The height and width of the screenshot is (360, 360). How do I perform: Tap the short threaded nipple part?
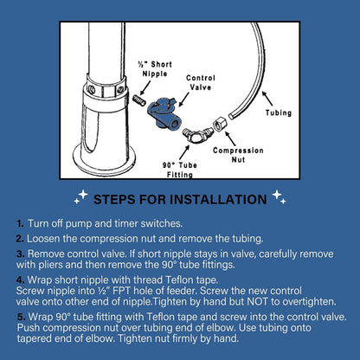139,100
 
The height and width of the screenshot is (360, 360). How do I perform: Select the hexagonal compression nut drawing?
220,124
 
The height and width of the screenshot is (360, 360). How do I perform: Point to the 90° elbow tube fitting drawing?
197,134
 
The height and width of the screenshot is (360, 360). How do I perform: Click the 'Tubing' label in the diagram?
279,112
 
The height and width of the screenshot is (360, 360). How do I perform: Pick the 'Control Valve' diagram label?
201,82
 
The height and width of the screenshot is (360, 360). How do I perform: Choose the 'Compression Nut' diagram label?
238,155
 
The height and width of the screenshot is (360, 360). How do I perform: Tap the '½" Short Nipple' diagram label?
155,69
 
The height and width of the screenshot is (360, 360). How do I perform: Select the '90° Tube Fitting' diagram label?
180,170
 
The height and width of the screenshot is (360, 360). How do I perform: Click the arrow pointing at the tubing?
267,99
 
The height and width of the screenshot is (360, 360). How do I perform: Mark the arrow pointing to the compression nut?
230,138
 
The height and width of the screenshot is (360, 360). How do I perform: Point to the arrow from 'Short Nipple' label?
145,88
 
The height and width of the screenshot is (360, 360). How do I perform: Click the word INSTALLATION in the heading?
218,199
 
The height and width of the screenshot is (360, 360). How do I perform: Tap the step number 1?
20,223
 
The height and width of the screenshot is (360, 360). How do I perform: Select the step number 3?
20,254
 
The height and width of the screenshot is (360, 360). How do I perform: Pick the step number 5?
22,317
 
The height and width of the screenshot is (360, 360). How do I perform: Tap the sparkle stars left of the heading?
80,196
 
